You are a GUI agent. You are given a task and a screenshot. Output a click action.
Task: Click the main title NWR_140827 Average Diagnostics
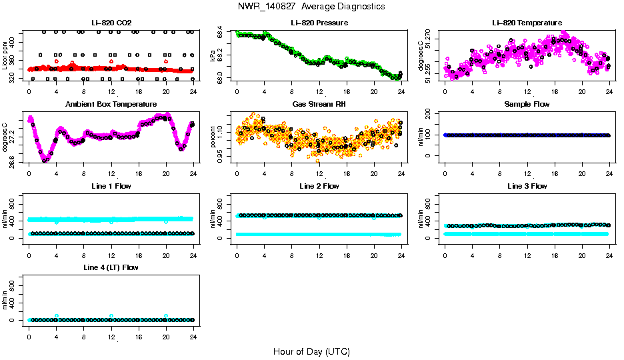(311, 7)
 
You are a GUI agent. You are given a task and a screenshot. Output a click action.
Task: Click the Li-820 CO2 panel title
(111, 23)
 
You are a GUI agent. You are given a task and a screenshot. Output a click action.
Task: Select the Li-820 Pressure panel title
(319, 23)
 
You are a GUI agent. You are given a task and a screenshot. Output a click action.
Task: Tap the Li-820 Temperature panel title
(527, 23)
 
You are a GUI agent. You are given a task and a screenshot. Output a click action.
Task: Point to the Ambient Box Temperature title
(111, 105)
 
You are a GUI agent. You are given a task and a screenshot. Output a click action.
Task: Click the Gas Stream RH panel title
(319, 105)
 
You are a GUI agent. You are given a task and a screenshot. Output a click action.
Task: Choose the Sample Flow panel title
(527, 105)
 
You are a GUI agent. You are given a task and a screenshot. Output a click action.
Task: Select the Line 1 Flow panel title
(111, 186)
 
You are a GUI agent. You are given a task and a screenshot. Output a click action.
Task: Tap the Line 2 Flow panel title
(319, 186)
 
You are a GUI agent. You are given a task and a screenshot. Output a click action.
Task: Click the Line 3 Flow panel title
(527, 186)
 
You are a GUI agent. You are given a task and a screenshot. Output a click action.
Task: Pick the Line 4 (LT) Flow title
(111, 267)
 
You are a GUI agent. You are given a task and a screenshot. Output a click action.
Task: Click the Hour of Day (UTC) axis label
(311, 351)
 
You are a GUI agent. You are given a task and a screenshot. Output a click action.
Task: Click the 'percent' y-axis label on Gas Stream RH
(214, 136)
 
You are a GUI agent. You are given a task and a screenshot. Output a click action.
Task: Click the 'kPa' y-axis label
(214, 55)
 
